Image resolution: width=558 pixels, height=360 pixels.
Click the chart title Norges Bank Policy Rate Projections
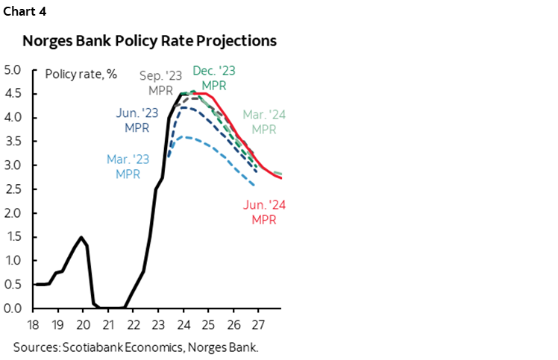(x=150, y=41)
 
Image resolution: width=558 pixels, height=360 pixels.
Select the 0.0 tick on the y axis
(x=14, y=308)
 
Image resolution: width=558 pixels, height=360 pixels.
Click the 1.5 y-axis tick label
(x=14, y=236)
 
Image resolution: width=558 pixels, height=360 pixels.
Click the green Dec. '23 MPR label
(x=216, y=78)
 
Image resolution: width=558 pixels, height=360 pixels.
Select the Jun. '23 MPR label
(x=137, y=120)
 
